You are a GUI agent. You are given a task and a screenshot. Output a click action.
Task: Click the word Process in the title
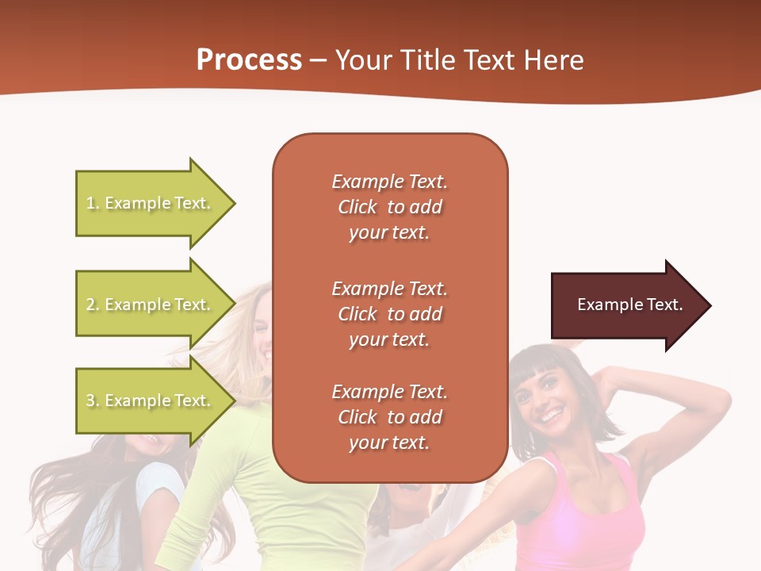[249, 60]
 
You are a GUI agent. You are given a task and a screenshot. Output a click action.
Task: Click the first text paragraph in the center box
[389, 207]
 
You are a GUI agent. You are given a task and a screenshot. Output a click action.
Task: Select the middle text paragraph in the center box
[389, 314]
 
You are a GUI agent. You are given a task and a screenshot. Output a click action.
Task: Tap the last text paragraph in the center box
[389, 417]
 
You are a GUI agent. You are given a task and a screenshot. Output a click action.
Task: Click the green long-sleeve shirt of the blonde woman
[238, 492]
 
